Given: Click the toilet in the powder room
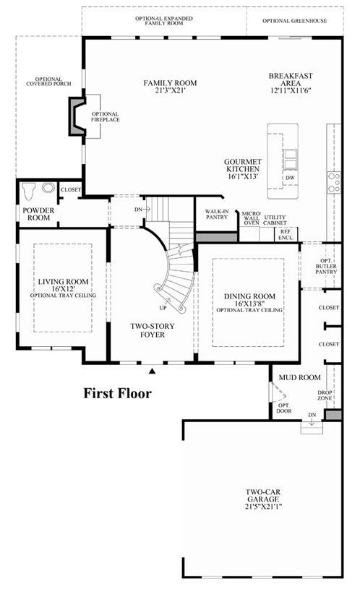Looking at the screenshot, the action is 29,192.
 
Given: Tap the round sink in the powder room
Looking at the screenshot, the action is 48,187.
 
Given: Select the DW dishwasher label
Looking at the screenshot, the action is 290,178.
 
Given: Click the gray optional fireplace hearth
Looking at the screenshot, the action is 76,116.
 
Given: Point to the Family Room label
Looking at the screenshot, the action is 170,83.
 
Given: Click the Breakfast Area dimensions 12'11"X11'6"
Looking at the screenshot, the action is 291,90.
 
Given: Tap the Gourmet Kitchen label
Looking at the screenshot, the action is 243,165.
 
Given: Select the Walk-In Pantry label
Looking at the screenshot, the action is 217,214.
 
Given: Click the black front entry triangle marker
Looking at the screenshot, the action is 153,371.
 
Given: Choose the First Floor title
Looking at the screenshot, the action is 117,393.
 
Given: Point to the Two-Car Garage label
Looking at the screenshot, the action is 263,496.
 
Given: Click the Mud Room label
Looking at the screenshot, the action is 300,377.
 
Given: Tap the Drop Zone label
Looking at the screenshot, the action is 325,395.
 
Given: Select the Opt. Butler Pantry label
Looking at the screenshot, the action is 326,266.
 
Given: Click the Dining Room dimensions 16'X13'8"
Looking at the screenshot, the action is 249,304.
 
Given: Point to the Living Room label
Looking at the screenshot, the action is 63,282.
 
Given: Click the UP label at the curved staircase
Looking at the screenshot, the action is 163,308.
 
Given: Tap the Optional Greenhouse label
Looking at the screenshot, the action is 295,21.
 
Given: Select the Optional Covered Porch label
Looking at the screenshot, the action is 48,82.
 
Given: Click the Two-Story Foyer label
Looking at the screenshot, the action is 153,330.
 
